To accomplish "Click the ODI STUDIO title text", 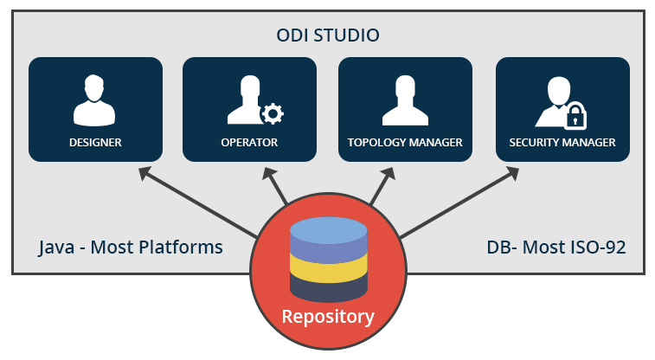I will point(327,35).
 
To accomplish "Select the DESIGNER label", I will point(95,142).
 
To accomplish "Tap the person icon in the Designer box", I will point(95,101).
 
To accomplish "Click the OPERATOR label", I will point(250,142).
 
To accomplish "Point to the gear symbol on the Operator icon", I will point(273,113).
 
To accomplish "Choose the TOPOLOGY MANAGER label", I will point(405,142).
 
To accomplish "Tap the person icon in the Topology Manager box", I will point(405,101).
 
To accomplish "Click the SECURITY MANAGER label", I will point(562,142).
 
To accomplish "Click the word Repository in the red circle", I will point(328,316).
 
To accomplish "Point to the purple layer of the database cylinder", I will point(328,251).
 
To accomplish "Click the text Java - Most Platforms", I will point(131,247).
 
